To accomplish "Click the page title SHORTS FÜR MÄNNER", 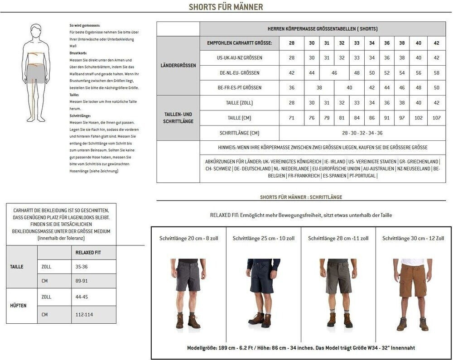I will coord(226,7).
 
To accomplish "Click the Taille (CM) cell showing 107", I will coord(436,118).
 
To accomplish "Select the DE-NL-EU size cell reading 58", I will coord(436,73).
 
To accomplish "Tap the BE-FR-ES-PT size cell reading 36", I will coord(291,88).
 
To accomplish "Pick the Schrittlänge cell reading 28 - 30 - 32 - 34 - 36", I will coord(362,133).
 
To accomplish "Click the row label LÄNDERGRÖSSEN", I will coord(178,66).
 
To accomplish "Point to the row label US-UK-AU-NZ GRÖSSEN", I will coord(239,58).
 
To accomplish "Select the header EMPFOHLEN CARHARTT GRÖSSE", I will coord(239,43).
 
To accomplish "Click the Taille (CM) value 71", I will coord(291,118).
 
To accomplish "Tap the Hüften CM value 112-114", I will coord(84,315).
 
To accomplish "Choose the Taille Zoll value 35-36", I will coord(82,267).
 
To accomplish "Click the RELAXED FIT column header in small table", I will coord(88,253).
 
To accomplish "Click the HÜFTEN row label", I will coord(18,306).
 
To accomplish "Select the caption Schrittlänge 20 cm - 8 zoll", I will coord(188,238).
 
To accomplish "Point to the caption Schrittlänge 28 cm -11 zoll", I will coord(338,238).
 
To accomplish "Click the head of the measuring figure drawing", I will coord(36,33).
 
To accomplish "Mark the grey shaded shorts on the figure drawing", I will coord(35,74).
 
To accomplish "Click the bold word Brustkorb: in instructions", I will coord(78,53).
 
